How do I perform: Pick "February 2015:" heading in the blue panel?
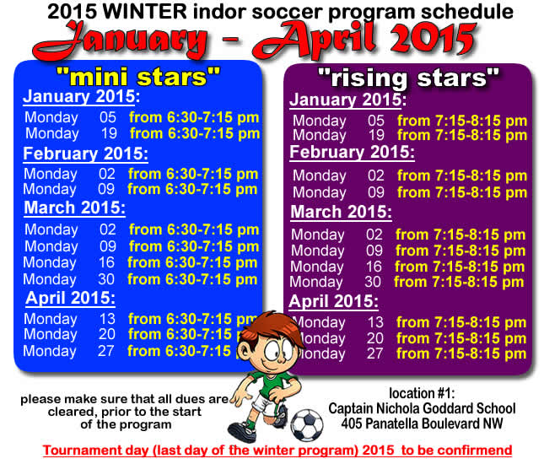[85, 154]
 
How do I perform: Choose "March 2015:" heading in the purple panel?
[341, 212]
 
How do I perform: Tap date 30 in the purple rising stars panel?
[373, 282]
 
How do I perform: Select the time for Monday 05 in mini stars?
[194, 117]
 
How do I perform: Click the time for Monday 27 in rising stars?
[461, 353]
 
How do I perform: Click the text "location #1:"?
[423, 394]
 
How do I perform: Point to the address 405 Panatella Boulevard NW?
[423, 422]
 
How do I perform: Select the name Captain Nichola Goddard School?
[423, 408]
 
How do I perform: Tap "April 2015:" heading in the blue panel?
[71, 298]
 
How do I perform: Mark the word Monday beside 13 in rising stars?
[319, 322]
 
